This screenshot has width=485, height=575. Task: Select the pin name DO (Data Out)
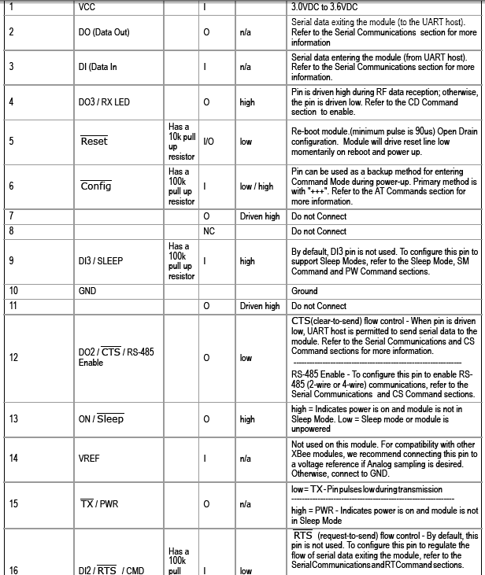point(105,32)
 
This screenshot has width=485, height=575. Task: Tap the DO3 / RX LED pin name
point(105,102)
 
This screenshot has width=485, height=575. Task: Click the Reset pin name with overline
point(94,141)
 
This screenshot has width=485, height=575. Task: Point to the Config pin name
point(96,186)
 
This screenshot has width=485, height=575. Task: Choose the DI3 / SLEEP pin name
point(101,261)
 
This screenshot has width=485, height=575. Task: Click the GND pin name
point(87,291)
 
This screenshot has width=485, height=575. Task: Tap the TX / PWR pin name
point(98,503)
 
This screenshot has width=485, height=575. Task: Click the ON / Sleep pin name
point(101,419)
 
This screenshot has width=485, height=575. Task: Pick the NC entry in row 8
point(209,231)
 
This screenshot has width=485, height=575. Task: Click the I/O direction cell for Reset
point(208,142)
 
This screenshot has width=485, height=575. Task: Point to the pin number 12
point(13,358)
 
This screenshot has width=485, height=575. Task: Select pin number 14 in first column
point(13,457)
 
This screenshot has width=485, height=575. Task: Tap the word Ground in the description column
point(305,291)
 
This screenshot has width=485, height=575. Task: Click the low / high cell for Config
point(257,186)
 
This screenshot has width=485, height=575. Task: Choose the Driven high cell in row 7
point(260,216)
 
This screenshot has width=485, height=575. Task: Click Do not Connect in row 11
point(319,306)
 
